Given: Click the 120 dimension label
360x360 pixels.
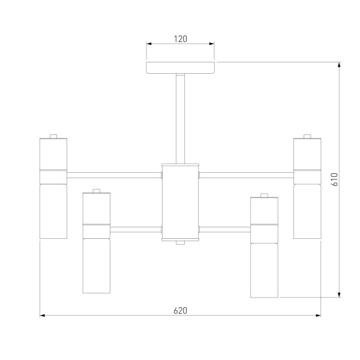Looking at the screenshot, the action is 181,39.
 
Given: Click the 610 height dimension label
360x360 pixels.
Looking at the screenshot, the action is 335,179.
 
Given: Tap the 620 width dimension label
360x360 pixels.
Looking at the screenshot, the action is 181,311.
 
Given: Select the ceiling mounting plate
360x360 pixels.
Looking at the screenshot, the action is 181,68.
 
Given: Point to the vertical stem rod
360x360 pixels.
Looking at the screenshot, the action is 181,119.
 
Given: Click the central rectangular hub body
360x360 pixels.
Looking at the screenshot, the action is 181,202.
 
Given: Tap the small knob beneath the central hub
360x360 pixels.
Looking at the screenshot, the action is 181,242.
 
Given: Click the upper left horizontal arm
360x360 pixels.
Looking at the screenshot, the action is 114,175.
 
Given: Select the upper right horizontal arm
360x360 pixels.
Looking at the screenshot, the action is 247,175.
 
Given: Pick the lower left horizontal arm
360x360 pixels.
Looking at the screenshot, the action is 136,229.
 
